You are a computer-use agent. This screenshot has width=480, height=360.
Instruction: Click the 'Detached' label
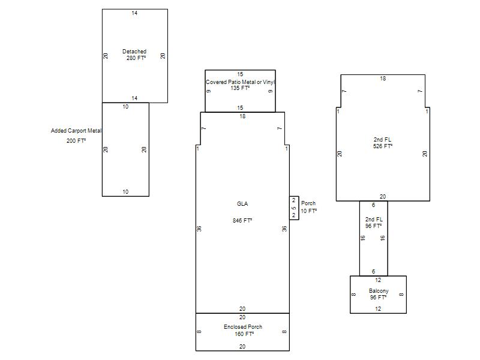[134, 52]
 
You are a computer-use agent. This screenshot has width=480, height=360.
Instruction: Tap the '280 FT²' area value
[136, 58]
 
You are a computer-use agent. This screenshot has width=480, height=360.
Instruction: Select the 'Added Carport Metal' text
[76, 131]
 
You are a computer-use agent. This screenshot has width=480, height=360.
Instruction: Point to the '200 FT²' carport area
[76, 141]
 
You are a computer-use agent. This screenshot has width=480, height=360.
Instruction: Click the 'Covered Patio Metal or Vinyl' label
[241, 82]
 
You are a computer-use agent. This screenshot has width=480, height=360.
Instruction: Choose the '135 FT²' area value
[240, 88]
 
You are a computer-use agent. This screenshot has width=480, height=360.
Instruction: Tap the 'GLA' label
[242, 204]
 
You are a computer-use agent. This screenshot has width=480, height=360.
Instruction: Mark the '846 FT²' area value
[242, 220]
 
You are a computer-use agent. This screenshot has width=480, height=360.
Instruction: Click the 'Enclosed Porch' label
[243, 327]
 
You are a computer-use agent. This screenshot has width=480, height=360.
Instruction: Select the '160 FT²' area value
[244, 334]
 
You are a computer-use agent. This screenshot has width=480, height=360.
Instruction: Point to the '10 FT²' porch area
[309, 211]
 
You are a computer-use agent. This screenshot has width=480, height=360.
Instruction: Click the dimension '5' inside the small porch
[294, 208]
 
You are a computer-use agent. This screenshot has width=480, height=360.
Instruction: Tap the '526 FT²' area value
[383, 146]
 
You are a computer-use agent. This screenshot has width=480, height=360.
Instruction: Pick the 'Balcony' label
[379, 291]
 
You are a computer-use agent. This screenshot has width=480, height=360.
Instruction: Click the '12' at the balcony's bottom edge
[378, 309]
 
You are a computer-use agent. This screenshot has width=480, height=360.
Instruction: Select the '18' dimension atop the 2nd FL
[383, 79]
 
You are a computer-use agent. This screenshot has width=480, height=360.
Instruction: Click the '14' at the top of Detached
[134, 13]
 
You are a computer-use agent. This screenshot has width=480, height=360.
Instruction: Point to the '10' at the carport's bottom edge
[125, 192]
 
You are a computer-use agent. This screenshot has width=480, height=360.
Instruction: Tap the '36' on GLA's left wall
[199, 229]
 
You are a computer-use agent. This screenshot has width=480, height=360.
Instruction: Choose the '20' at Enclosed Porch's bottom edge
[242, 347]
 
